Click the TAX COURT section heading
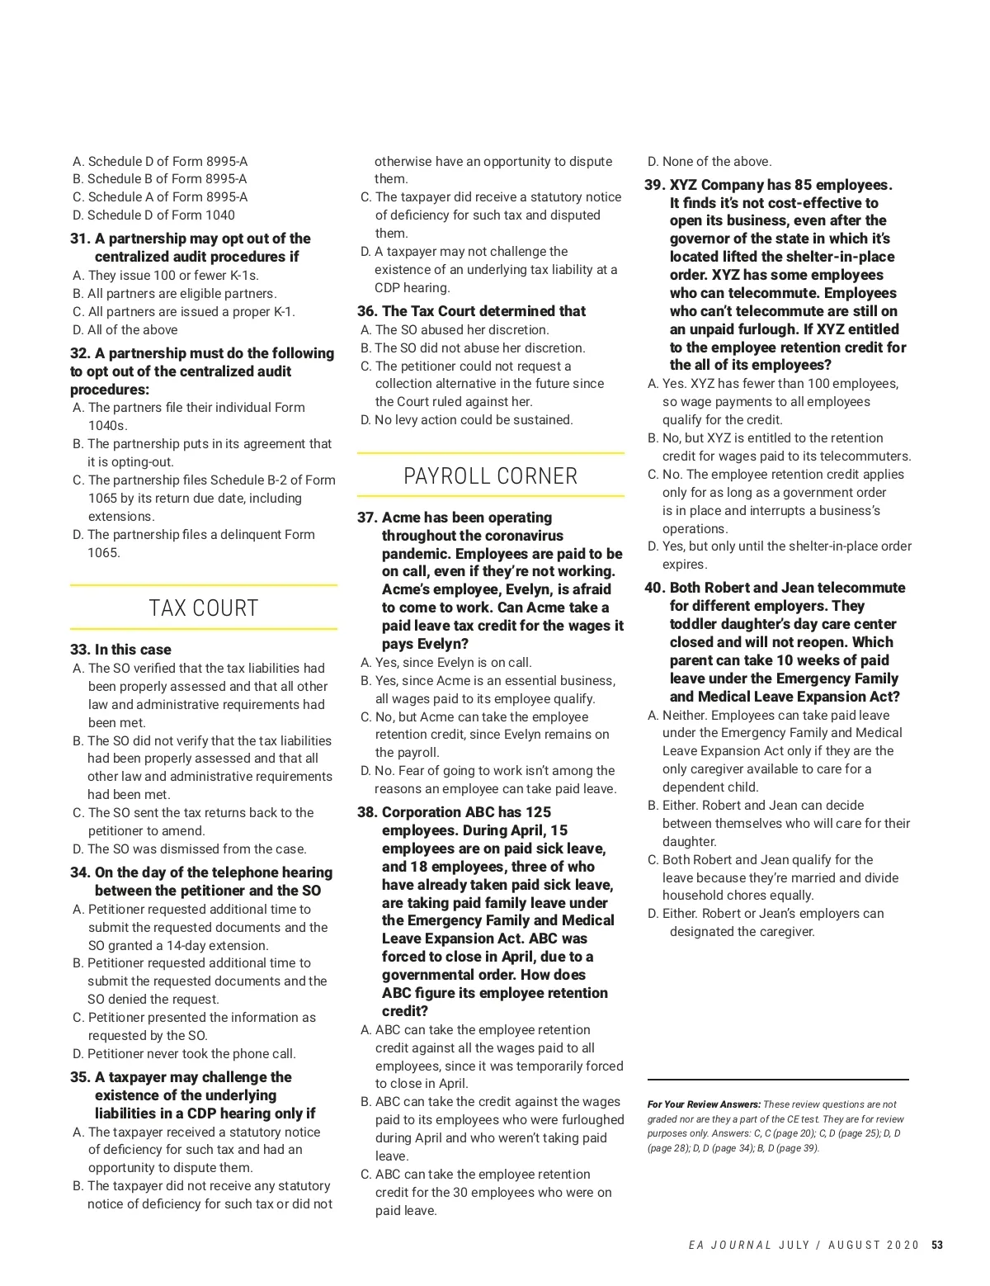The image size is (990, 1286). [203, 608]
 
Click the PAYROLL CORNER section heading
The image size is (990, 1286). [490, 476]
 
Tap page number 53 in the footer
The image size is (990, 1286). [936, 1245]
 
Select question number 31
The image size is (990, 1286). [80, 239]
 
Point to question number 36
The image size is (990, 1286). [367, 311]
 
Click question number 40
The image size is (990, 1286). [654, 588]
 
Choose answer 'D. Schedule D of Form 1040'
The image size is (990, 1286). [153, 215]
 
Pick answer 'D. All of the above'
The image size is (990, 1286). [125, 329]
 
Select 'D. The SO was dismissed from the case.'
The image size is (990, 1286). [189, 849]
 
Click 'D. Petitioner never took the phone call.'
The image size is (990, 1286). [184, 1053]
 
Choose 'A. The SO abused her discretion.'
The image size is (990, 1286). [455, 329]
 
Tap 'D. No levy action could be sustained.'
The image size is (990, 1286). [466, 419]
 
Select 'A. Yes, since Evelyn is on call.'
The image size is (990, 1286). [446, 662]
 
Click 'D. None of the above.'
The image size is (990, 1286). [709, 162]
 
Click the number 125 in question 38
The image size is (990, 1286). [537, 812]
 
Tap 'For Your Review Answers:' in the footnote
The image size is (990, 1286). [704, 1104]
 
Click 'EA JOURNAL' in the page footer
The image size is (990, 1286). [730, 1245]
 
